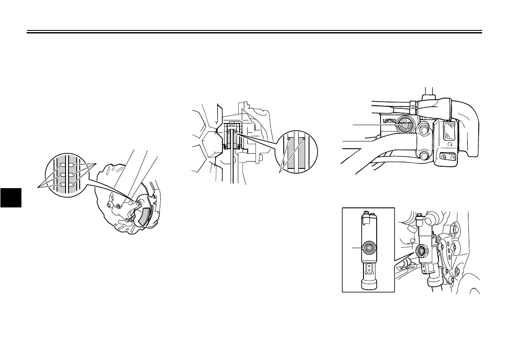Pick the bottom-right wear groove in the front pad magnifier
pos(75,184)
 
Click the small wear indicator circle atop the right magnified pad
pos(304,139)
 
